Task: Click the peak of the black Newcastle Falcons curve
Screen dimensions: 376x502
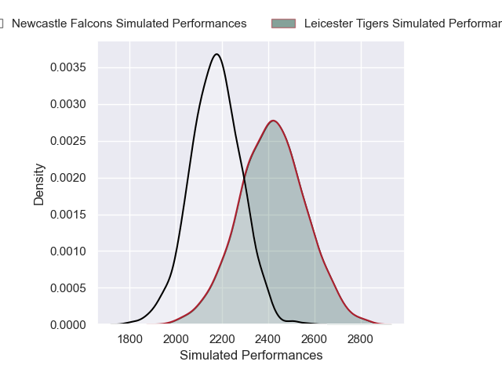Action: [x=216, y=54]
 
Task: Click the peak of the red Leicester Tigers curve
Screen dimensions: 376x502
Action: [x=273, y=121]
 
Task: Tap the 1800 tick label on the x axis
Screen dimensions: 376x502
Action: [x=130, y=339]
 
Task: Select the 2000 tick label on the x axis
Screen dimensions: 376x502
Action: [x=176, y=339]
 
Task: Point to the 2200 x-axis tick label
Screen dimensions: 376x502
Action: [x=223, y=339]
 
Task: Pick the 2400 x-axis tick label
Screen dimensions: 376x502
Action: [x=268, y=339]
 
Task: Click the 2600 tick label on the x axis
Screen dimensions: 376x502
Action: [x=315, y=339]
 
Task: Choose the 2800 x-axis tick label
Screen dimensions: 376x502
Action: [x=361, y=339]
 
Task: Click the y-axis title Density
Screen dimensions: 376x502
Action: [x=39, y=184]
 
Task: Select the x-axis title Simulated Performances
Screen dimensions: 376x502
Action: [x=251, y=355]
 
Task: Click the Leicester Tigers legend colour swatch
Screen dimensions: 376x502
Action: [x=284, y=23]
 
